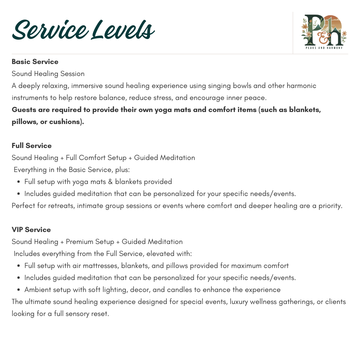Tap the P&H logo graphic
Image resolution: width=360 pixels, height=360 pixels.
click(x=323, y=31)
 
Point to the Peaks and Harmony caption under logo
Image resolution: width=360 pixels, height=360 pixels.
click(x=323, y=48)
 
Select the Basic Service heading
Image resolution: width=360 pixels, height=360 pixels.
click(x=35, y=62)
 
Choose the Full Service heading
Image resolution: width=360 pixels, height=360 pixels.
click(x=32, y=146)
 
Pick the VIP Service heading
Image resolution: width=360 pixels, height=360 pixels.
click(x=31, y=230)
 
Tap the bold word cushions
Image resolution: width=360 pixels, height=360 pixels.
click(x=65, y=122)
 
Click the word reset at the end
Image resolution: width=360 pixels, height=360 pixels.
click(x=100, y=314)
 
